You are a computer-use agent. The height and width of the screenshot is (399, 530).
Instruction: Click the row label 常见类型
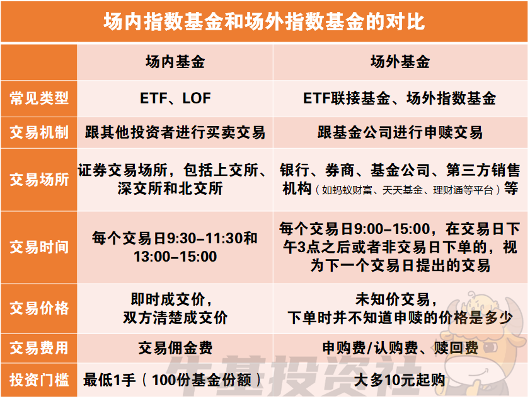point(39,98)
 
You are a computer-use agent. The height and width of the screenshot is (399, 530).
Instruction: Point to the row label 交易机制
point(39,132)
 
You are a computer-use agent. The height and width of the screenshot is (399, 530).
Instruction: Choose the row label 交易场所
point(39,179)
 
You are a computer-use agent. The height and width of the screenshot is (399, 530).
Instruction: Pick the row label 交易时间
point(39,246)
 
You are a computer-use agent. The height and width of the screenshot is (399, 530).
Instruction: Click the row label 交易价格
point(39,308)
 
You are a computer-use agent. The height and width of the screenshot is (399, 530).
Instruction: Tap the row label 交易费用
point(39,348)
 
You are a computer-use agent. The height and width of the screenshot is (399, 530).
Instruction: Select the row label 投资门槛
point(39,380)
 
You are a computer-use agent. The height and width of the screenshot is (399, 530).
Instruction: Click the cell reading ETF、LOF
point(175,98)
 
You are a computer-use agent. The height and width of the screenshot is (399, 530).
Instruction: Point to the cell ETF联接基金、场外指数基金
point(400,98)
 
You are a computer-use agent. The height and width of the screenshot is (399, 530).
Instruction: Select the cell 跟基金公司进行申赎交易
point(400,132)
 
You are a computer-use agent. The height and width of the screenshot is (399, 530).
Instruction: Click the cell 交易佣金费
point(175,348)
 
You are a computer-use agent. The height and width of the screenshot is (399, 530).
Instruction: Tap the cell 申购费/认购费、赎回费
point(400,348)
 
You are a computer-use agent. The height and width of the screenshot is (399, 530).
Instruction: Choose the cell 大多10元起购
point(400,380)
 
